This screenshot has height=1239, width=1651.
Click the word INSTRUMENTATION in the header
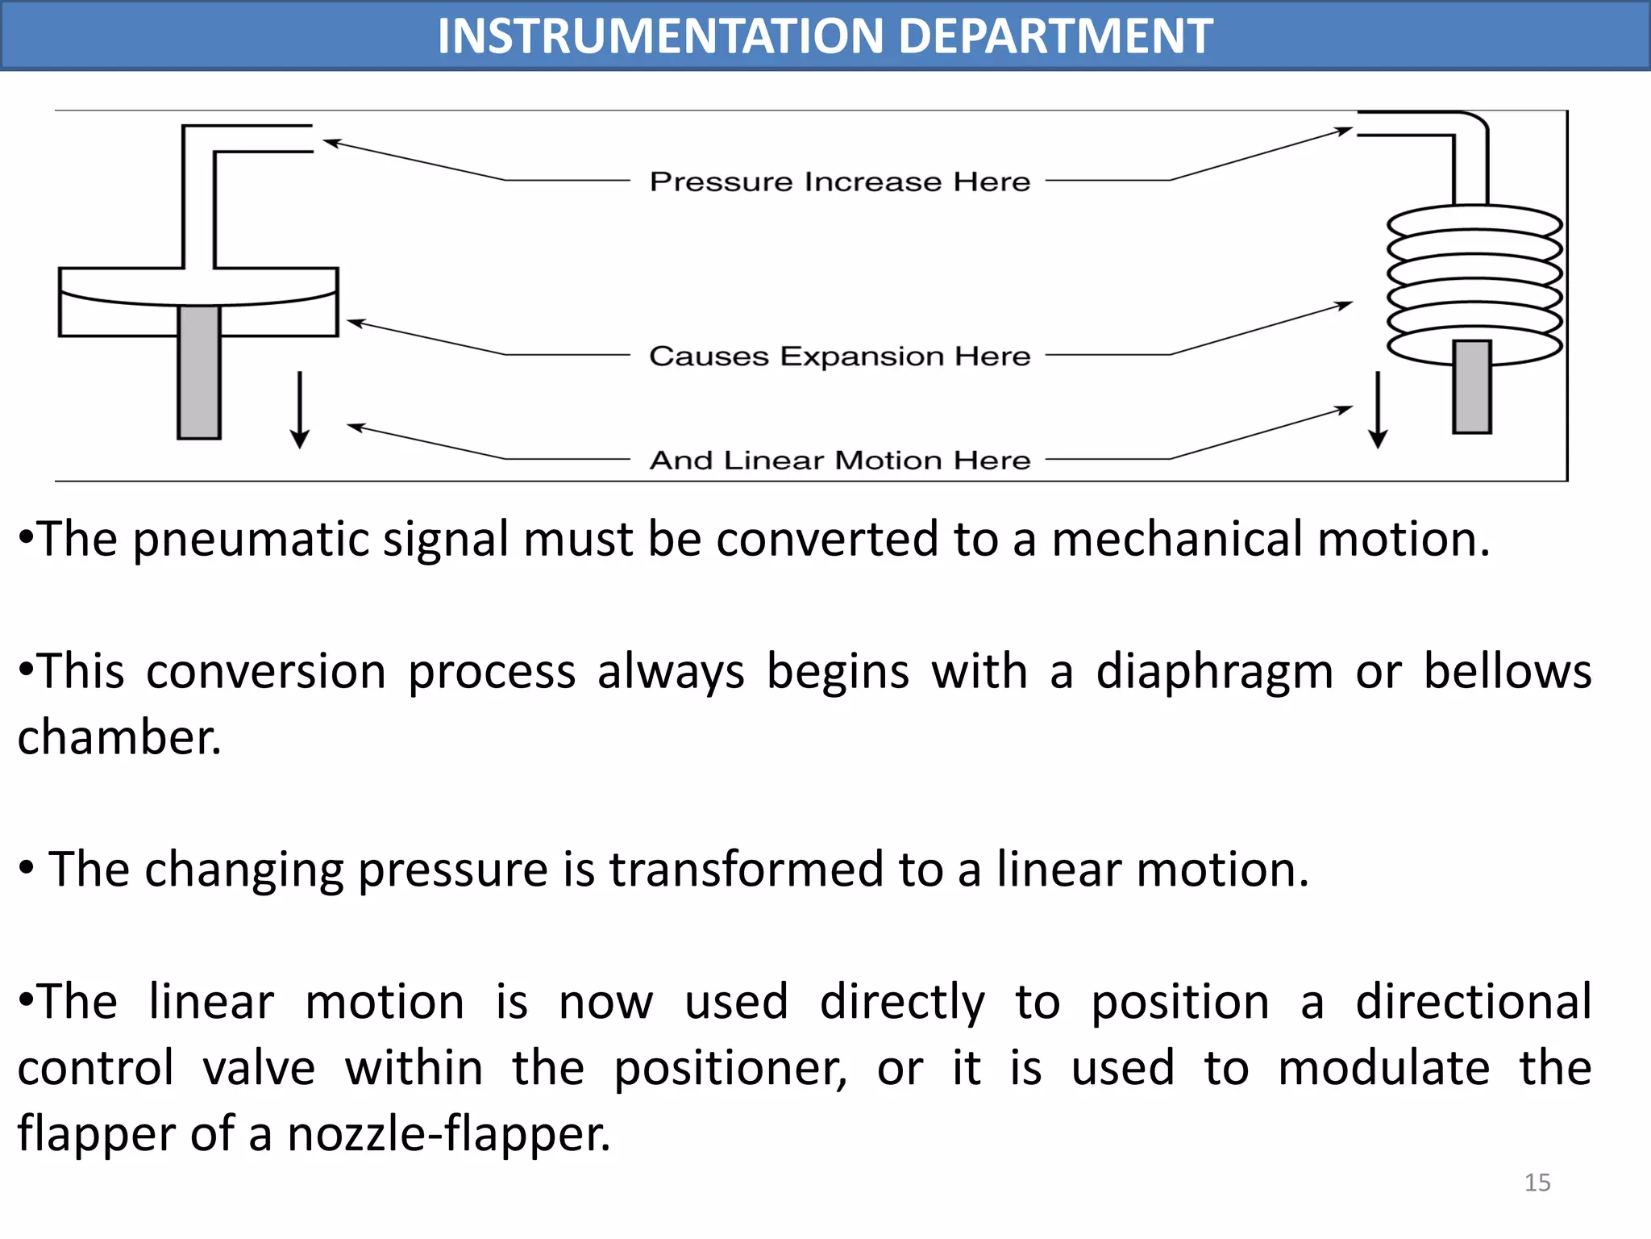661,36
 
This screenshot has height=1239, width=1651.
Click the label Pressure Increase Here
840,181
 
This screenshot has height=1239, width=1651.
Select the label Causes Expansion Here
840,356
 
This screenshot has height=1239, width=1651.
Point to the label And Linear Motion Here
840,460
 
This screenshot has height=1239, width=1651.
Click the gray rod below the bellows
1472,387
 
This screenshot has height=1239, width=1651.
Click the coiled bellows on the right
1474,282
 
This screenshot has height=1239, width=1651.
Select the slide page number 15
1537,1183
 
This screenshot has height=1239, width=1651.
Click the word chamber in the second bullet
119,738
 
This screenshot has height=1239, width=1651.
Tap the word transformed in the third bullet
746,870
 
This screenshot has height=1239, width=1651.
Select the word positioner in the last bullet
730,1069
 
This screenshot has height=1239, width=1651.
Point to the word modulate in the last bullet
1383,1069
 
